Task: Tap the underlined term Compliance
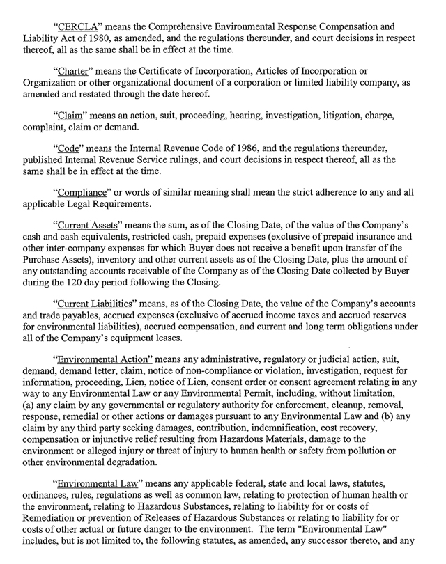pos(83,193)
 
